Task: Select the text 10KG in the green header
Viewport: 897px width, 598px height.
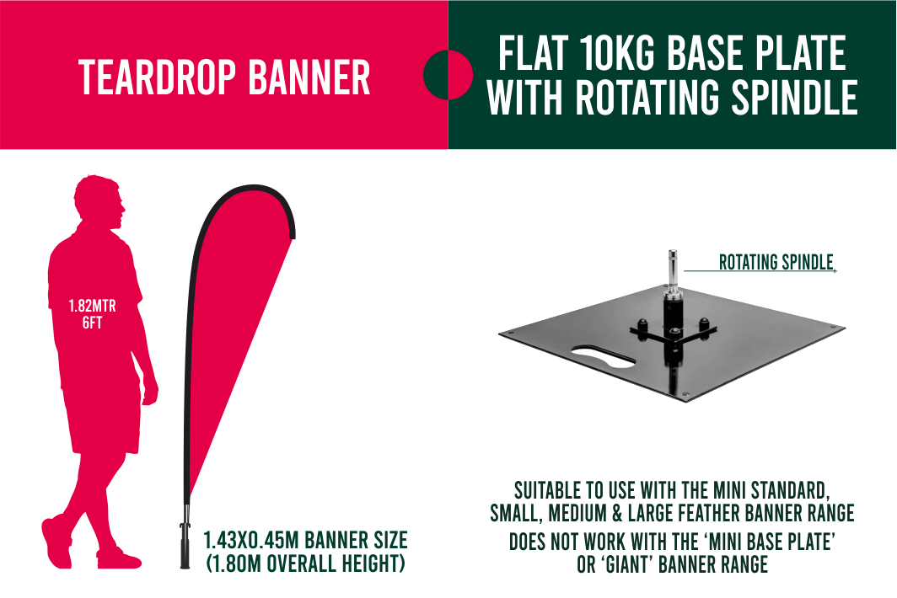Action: (617, 53)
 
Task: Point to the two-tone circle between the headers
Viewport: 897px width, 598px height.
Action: (448, 75)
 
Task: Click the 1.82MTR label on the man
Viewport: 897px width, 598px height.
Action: (92, 306)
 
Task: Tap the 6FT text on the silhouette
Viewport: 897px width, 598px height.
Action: (92, 323)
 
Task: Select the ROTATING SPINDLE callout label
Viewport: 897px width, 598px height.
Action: (776, 263)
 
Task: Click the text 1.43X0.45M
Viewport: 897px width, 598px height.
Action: (252, 540)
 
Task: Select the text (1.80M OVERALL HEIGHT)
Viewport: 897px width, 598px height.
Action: (305, 563)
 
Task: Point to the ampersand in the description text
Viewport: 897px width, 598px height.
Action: (617, 514)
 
